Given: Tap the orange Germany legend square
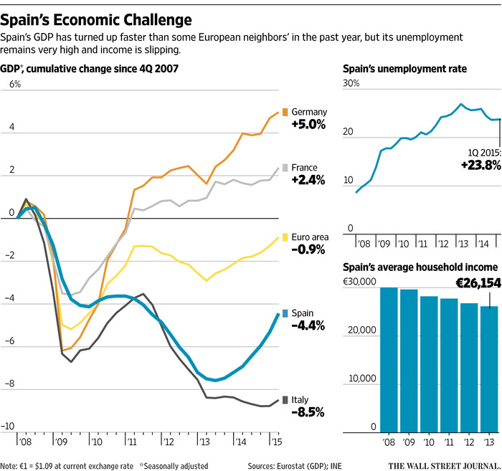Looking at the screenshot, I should pos(285,112).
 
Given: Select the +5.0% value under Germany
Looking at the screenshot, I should pos(308,124).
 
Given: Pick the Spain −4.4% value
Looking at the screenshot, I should pos(308,325).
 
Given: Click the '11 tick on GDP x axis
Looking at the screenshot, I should pos(131,435).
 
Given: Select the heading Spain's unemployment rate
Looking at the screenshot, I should pos(396,69).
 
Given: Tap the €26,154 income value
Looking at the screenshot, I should pos(469,284).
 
